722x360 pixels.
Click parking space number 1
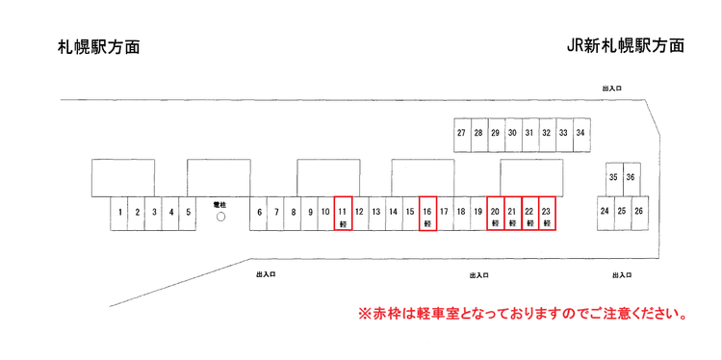[x=119, y=213]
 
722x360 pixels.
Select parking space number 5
[x=189, y=213]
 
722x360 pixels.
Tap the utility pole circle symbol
[x=219, y=217]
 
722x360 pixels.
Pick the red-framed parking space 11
[x=344, y=214]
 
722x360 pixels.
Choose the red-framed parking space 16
[x=427, y=214]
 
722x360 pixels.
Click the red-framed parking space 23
[x=547, y=214]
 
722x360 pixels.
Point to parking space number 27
[x=462, y=135]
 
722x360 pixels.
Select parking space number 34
[x=580, y=135]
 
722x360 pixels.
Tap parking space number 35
[x=613, y=179]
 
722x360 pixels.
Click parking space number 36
[x=631, y=179]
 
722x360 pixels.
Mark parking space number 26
[x=638, y=213]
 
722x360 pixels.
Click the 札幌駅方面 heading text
[x=98, y=46]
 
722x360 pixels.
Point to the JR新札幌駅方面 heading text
[x=626, y=45]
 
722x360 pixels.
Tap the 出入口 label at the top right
[x=611, y=89]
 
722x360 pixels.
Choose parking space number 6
[x=259, y=213]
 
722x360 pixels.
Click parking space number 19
[x=477, y=213]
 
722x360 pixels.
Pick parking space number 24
[x=605, y=213]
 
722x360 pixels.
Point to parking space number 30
[x=512, y=135]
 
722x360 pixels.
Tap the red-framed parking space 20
[x=496, y=214]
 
